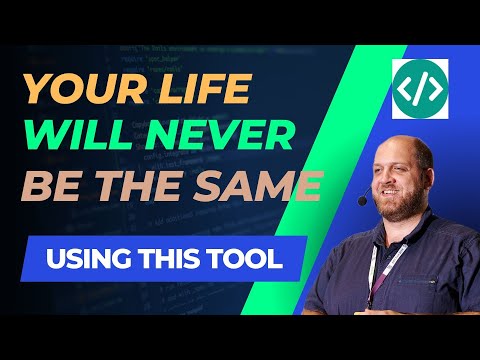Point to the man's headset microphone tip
[x=362, y=201]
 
